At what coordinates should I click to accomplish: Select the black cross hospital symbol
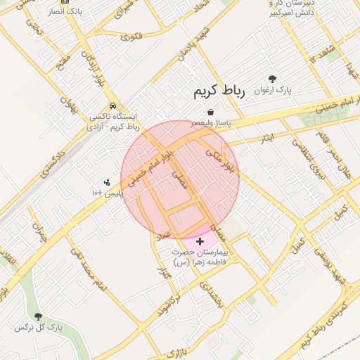click(x=200, y=241)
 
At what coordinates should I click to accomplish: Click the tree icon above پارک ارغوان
click(x=272, y=79)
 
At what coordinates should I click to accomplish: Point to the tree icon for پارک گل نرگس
click(x=38, y=317)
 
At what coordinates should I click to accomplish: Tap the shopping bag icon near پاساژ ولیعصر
click(x=210, y=112)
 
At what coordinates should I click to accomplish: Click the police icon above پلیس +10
click(x=107, y=182)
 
